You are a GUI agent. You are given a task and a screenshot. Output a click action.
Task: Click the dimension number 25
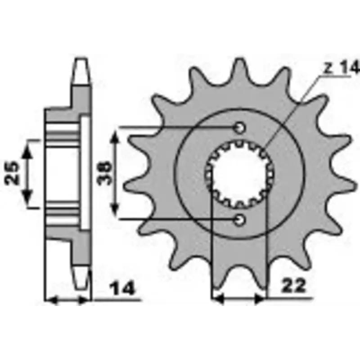[12, 173]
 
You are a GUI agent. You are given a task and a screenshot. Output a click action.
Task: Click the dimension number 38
[104, 173]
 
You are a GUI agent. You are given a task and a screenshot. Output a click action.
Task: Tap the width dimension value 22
[294, 286]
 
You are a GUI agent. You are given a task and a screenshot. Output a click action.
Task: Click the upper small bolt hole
[239, 128]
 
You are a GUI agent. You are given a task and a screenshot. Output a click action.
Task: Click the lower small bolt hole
[239, 220]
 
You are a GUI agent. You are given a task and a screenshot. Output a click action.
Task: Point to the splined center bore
[239, 174]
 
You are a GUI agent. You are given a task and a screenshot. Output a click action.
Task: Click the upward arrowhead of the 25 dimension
[27, 152]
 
